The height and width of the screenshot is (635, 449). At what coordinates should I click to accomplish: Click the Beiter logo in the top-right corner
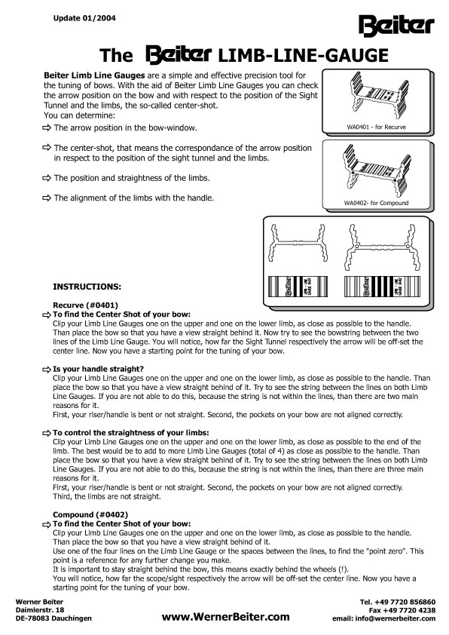[x=396, y=25]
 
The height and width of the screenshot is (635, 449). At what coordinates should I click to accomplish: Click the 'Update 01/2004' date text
[x=84, y=18]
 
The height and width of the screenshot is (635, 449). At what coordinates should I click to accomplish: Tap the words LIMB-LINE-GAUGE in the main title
[x=304, y=56]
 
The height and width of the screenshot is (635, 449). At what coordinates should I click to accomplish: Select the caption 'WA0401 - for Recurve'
[x=376, y=127]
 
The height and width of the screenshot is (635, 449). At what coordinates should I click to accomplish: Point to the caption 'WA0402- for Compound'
[x=376, y=203]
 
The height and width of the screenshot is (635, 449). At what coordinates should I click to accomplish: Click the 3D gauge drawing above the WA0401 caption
[x=376, y=96]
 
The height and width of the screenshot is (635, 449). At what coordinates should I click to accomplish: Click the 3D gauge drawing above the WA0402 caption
[x=376, y=170]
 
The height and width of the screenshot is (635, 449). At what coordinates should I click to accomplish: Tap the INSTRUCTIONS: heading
[x=87, y=287]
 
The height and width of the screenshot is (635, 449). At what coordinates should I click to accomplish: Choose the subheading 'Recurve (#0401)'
[x=85, y=305]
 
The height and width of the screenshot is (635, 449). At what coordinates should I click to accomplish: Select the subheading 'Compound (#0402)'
[x=90, y=515]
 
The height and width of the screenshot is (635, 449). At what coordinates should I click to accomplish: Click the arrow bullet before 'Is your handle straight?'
[x=47, y=370]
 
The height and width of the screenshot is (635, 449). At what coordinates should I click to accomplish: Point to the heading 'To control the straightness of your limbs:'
[x=130, y=433]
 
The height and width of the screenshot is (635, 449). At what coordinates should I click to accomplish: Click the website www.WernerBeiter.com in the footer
[x=226, y=617]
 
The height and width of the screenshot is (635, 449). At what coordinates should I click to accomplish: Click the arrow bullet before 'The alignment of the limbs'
[x=47, y=198]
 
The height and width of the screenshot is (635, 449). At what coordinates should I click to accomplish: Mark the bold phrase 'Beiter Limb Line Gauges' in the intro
[x=94, y=75]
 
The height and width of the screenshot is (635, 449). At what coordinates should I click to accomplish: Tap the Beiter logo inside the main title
[x=179, y=56]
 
